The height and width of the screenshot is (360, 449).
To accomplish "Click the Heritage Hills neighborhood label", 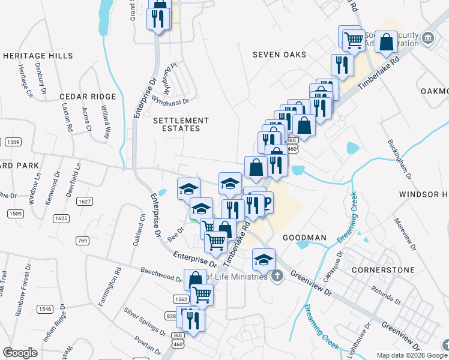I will click(x=38, y=56).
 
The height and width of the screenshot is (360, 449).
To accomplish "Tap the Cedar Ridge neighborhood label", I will click(x=88, y=97).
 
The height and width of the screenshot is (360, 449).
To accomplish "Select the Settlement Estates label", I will click(x=181, y=124).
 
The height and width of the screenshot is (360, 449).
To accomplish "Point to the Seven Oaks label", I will click(x=279, y=55).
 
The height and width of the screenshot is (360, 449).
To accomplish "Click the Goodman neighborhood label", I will click(x=304, y=238).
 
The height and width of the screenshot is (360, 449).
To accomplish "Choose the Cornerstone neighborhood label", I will click(x=383, y=270).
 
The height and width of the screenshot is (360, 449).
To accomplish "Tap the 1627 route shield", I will click(x=85, y=202).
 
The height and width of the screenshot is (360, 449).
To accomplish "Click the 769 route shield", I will click(x=83, y=241).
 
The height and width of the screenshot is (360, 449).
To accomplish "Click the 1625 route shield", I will click(x=61, y=218).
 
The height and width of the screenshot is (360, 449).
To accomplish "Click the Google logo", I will click(x=20, y=353).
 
